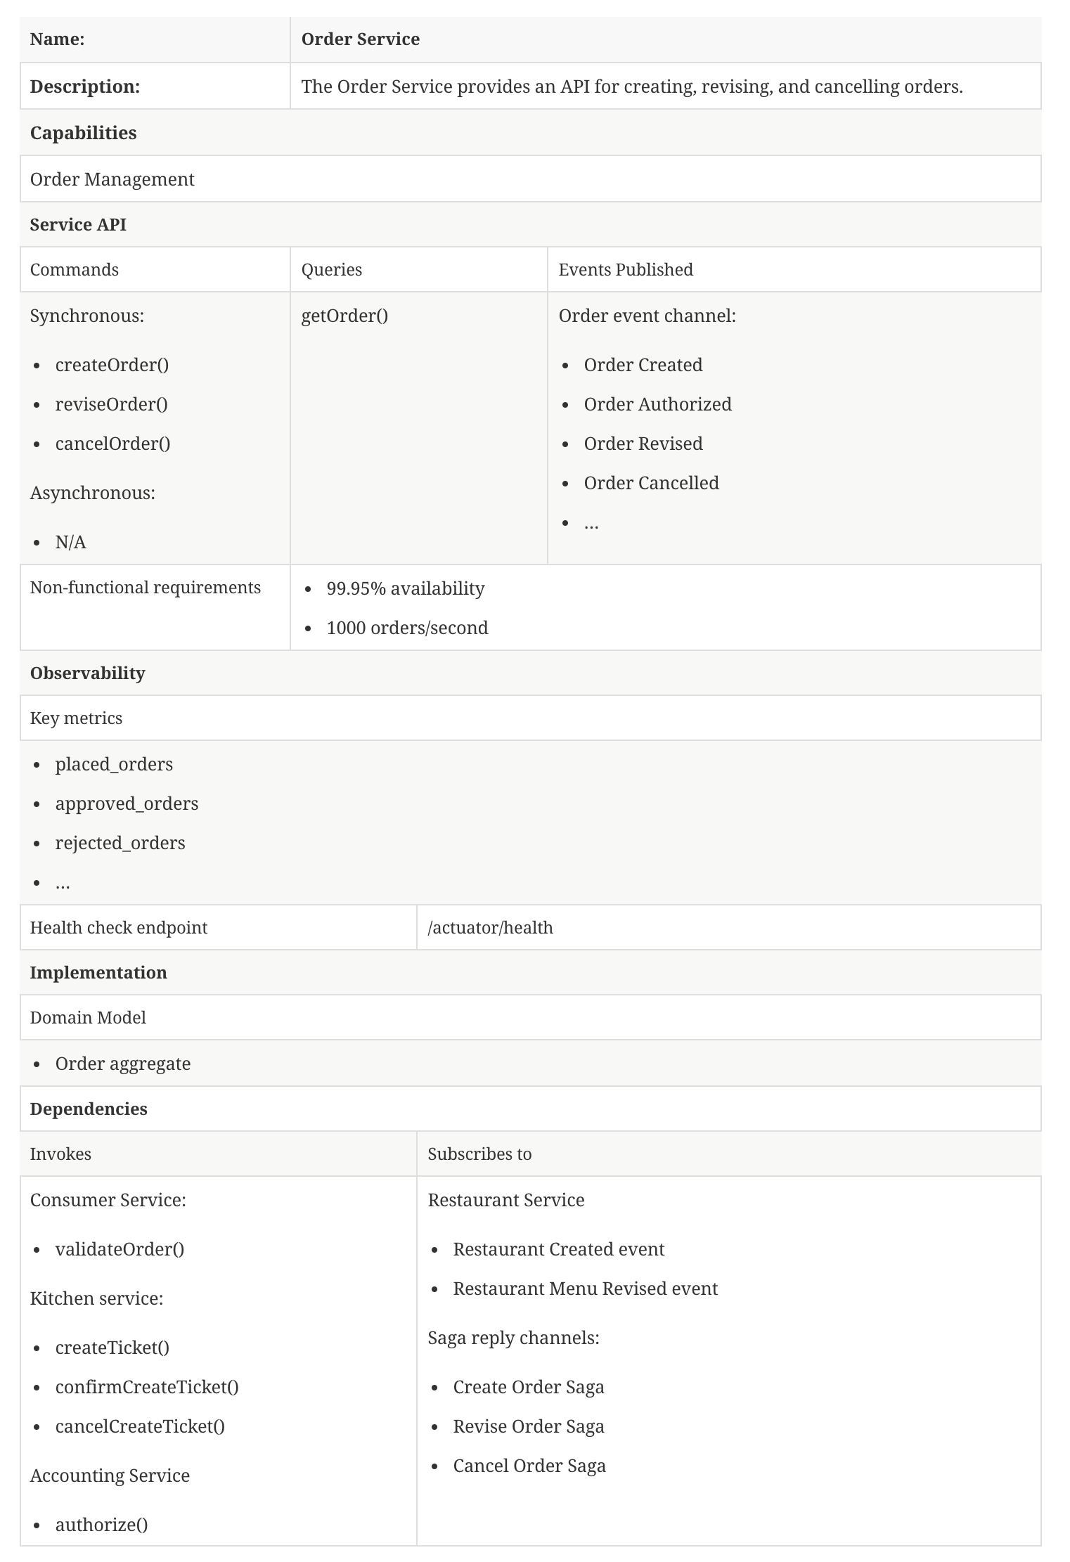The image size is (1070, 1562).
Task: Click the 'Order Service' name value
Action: pyautogui.click(x=360, y=39)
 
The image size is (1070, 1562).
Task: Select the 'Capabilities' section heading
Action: pyautogui.click(x=83, y=133)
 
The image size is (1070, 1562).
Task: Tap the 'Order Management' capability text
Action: pyautogui.click(x=112, y=179)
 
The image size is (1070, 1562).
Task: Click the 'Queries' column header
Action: pyautogui.click(x=331, y=270)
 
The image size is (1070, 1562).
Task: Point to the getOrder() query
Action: pyautogui.click(x=344, y=316)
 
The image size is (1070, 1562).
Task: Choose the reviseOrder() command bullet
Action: pyautogui.click(x=111, y=404)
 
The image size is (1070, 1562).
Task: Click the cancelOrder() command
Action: pyautogui.click(x=112, y=444)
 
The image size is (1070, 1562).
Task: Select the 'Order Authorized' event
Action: pyautogui.click(x=657, y=404)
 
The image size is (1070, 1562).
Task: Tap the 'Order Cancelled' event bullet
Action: pyautogui.click(x=651, y=483)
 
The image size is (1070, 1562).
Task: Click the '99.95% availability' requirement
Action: pyautogui.click(x=405, y=588)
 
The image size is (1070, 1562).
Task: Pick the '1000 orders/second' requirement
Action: pyautogui.click(x=407, y=628)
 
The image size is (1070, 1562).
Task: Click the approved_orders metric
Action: pyautogui.click(x=127, y=803)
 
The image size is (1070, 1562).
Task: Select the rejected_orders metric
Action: pyautogui.click(x=120, y=843)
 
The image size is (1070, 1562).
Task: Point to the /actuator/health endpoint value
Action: pyautogui.click(x=490, y=928)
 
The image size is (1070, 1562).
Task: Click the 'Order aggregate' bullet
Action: pyautogui.click(x=123, y=1064)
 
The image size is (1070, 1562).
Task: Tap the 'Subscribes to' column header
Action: pyautogui.click(x=479, y=1154)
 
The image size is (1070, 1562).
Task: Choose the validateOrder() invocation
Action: pyautogui.click(x=120, y=1249)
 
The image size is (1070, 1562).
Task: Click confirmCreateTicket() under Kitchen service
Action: pyautogui.click(x=147, y=1387)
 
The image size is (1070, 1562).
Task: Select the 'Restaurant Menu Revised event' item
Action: pyautogui.click(x=585, y=1289)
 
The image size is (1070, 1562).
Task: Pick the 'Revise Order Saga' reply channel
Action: pyautogui.click(x=529, y=1426)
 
